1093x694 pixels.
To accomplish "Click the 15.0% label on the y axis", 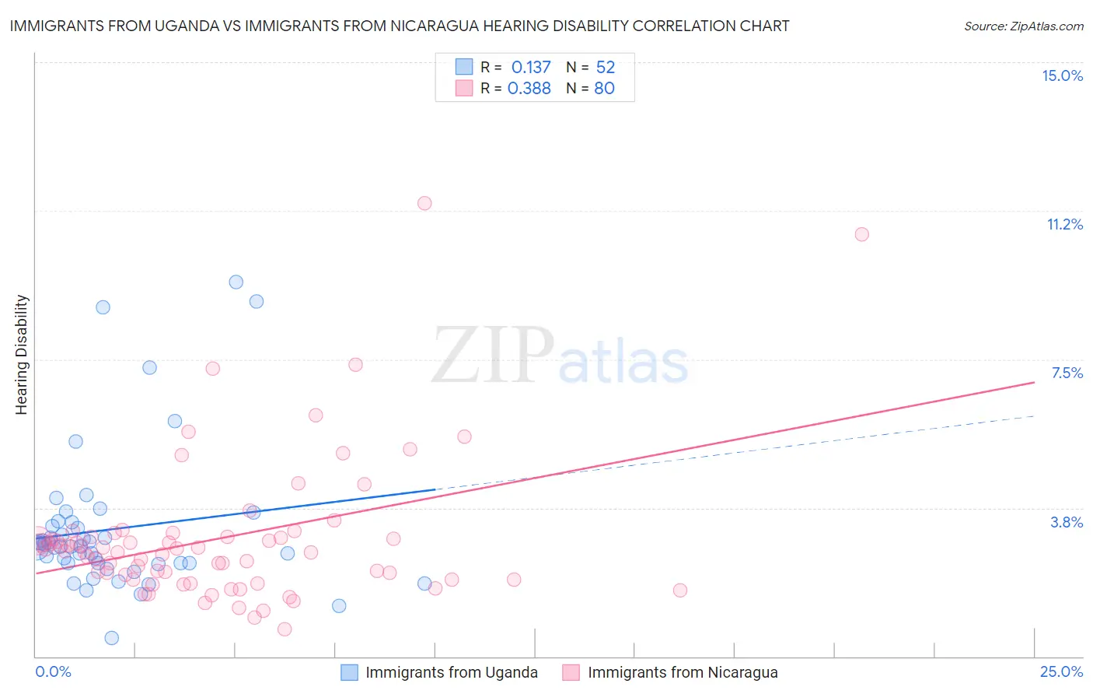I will pos(1062,75).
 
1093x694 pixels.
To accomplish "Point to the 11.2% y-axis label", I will pos(1064,224).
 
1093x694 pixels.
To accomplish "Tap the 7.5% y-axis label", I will pos(1067,373).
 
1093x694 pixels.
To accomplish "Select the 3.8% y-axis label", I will pos(1067,522).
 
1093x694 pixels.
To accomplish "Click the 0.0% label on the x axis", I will pos(53,671).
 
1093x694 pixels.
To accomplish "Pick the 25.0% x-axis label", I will pos(1061,671).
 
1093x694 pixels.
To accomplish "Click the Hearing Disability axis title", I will pos(22,355).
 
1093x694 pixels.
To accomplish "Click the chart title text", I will pos(400,26).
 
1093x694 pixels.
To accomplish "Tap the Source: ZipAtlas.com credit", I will pos(1023,26).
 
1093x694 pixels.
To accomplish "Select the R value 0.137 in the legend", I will pos(530,68).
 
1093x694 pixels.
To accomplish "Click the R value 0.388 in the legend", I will pos(529,89).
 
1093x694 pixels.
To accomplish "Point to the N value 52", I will pos(605,68).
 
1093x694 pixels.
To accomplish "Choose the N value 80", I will pos(604,89).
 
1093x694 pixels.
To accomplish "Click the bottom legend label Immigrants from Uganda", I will pos(452,672).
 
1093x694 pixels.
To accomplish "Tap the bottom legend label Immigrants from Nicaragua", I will pos(683,672).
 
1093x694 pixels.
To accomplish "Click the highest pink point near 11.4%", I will pos(424,203).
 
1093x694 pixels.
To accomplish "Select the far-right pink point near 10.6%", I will pos(861,234).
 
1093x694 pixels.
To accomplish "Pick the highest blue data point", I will pos(236,282).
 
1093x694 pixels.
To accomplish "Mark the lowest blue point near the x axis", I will pos(112,638).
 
